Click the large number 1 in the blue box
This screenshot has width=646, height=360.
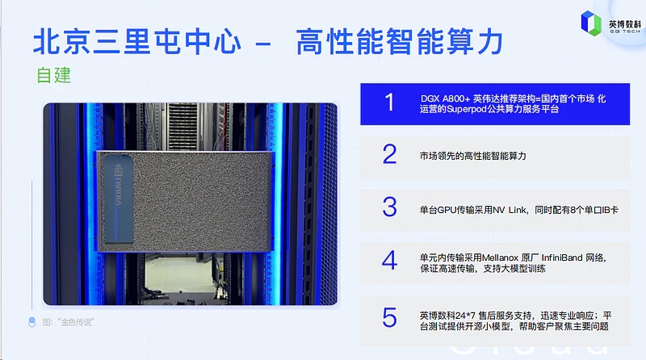click(390, 103)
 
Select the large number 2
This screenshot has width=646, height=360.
click(390, 154)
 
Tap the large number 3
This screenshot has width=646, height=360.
click(390, 207)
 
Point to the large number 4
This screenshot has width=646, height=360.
click(390, 260)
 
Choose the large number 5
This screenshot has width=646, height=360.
click(390, 317)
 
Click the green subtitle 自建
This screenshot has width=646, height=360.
click(54, 75)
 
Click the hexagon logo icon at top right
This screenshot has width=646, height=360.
click(591, 23)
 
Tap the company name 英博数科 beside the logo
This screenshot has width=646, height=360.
click(625, 24)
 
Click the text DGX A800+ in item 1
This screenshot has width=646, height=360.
click(445, 98)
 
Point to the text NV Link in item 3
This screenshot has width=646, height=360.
click(510, 210)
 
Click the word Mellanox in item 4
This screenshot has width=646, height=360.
click(500, 257)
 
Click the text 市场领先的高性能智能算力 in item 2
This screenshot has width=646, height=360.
click(473, 156)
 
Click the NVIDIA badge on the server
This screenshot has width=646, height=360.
click(118, 199)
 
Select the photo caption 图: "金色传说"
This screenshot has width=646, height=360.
click(68, 322)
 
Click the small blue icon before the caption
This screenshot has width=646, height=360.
click(31, 322)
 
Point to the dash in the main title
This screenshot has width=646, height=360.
click(263, 43)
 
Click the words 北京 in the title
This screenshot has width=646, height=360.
click(62, 42)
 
